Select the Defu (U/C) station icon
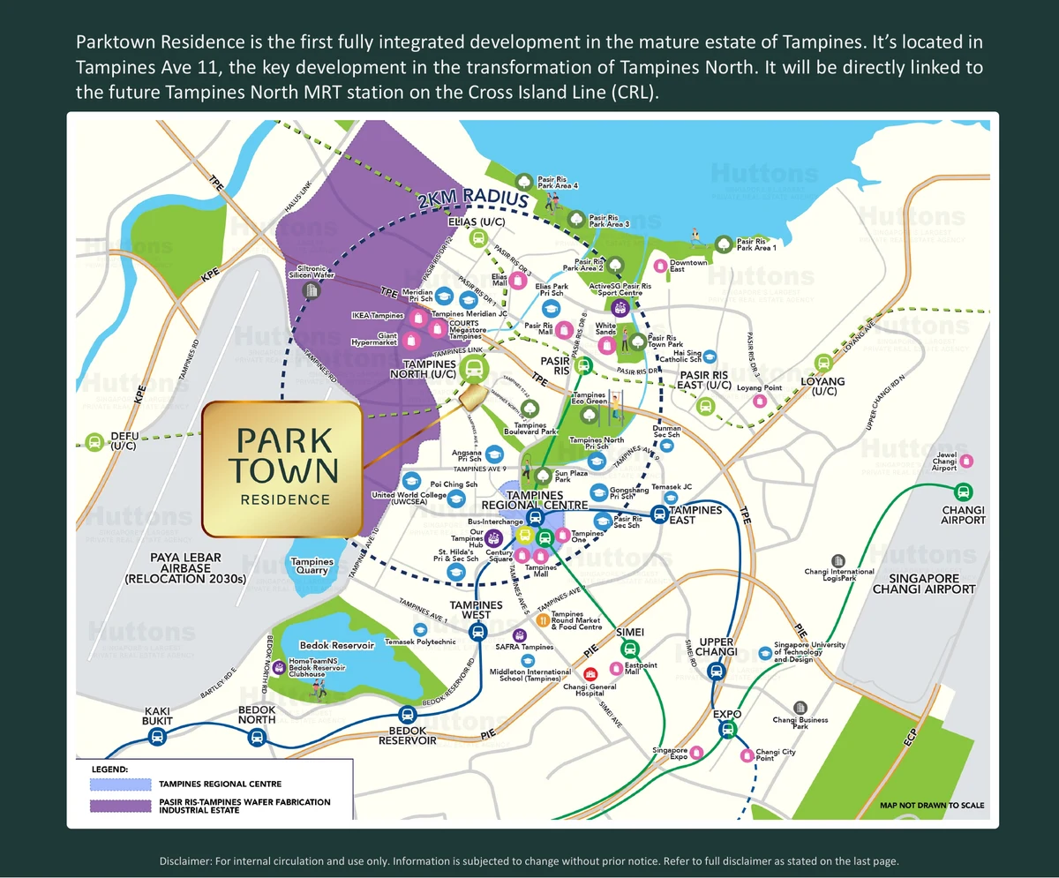click(94, 441)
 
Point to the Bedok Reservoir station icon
click(407, 715)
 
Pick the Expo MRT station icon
click(726, 729)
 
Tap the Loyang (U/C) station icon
click(823, 362)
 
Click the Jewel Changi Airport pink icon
click(966, 461)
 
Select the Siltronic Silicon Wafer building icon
click(310, 289)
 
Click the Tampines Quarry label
click(312, 566)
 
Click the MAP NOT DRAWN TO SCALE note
click(933, 805)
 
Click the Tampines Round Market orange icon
click(542, 619)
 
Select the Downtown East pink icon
click(658, 266)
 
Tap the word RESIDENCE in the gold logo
click(285, 499)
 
